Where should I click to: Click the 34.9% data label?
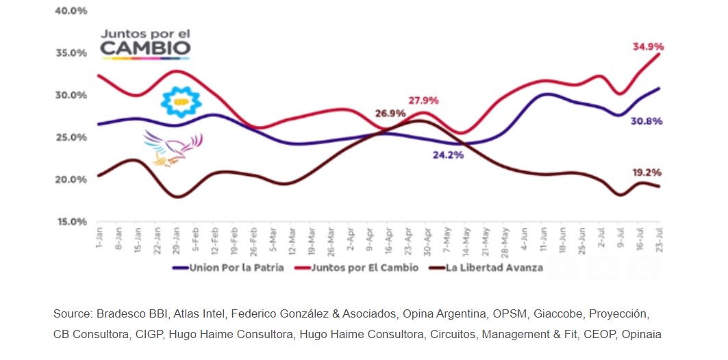tap(647, 47)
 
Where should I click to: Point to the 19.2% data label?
tap(647, 172)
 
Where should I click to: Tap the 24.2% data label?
tap(449, 155)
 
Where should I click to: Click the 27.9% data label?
tap(423, 100)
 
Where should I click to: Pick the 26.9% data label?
tap(390, 114)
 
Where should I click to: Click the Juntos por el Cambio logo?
tap(146, 42)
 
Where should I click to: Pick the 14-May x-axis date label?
tap(466, 241)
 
